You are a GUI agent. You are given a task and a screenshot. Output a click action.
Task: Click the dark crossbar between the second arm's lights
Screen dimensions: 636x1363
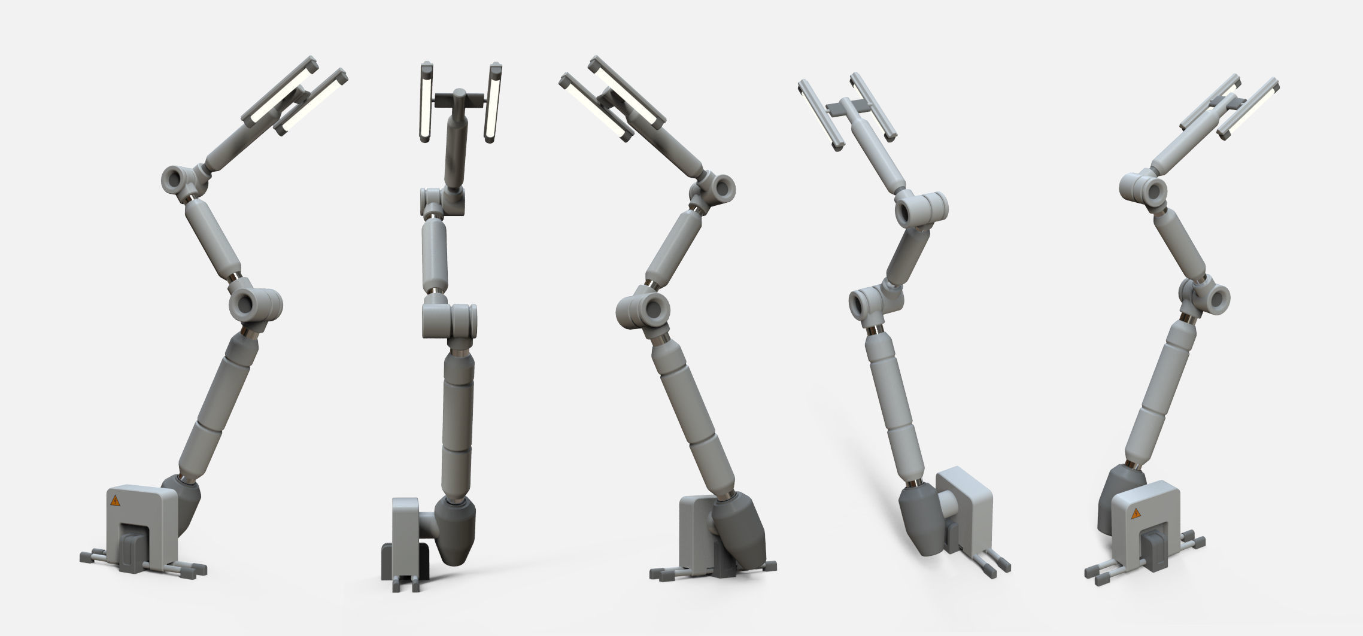pos(460,99)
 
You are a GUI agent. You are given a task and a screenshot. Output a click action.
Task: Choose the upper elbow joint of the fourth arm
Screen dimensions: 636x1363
pos(920,209)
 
